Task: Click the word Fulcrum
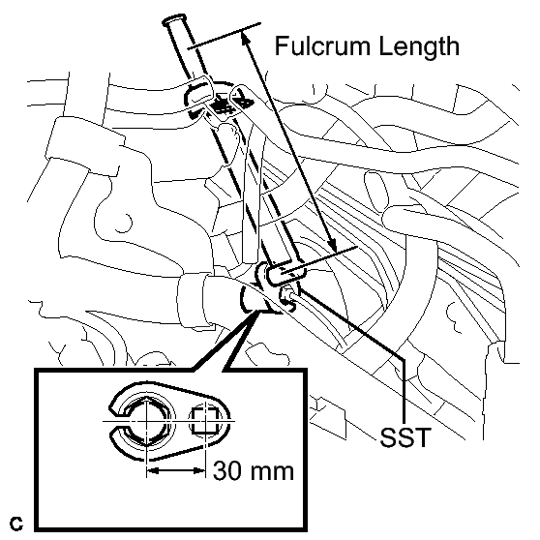click(323, 45)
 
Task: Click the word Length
click(419, 46)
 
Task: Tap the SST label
click(405, 437)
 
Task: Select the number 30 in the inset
click(226, 470)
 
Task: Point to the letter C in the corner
click(16, 524)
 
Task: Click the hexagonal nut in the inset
click(147, 421)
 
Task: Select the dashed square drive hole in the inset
click(205, 421)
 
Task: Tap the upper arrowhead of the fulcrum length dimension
click(244, 37)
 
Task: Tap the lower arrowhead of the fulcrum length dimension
click(332, 246)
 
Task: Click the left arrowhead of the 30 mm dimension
click(153, 470)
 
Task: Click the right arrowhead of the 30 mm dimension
click(199, 470)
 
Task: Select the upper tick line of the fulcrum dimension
click(225, 36)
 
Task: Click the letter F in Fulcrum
click(282, 45)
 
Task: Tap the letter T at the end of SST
click(422, 437)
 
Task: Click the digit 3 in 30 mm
click(220, 470)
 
